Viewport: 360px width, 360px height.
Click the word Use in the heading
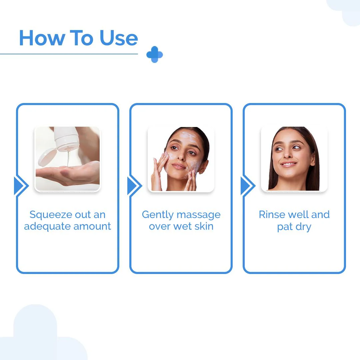118,38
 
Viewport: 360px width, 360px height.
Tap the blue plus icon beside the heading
155,54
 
